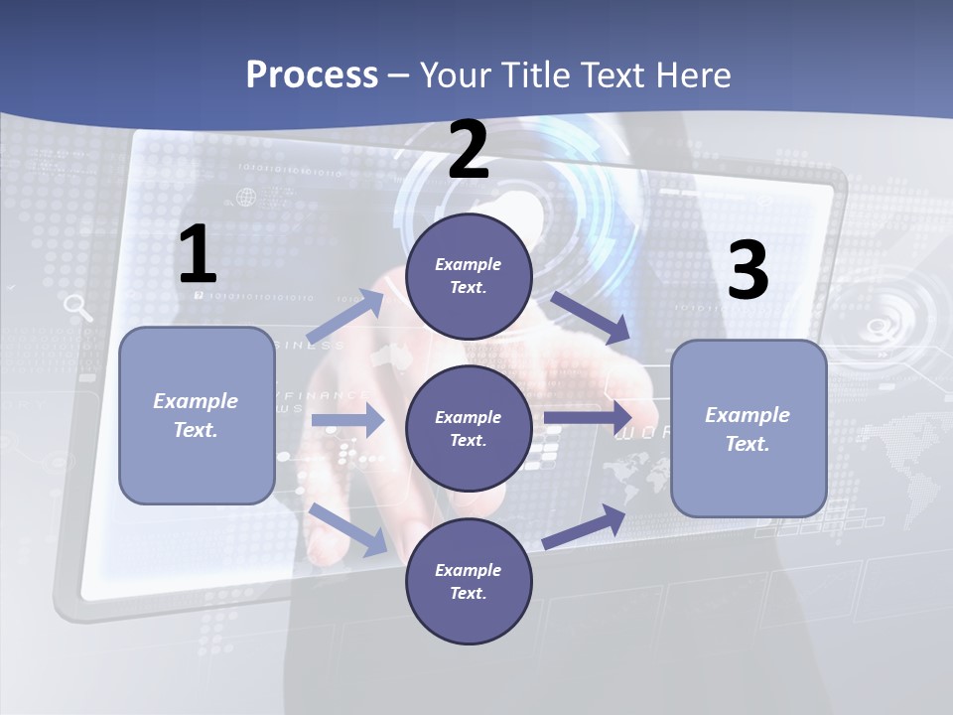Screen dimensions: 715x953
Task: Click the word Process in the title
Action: (x=312, y=74)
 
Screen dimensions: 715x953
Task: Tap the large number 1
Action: (x=198, y=255)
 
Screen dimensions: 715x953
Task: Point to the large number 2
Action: (x=469, y=150)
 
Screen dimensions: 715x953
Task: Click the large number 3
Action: (x=748, y=270)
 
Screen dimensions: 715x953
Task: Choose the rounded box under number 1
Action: (x=197, y=415)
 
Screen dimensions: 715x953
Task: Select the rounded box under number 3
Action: (x=749, y=428)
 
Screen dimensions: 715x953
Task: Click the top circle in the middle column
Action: (x=469, y=276)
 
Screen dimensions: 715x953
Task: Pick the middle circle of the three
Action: (x=469, y=428)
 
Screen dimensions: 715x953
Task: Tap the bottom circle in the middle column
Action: (x=469, y=581)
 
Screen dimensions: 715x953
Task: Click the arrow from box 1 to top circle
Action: (x=346, y=316)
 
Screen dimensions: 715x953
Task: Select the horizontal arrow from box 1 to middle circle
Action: (x=347, y=421)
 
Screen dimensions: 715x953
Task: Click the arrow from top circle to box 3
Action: (x=590, y=316)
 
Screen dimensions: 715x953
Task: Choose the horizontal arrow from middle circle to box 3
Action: (x=588, y=417)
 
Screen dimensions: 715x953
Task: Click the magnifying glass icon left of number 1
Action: (x=77, y=308)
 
